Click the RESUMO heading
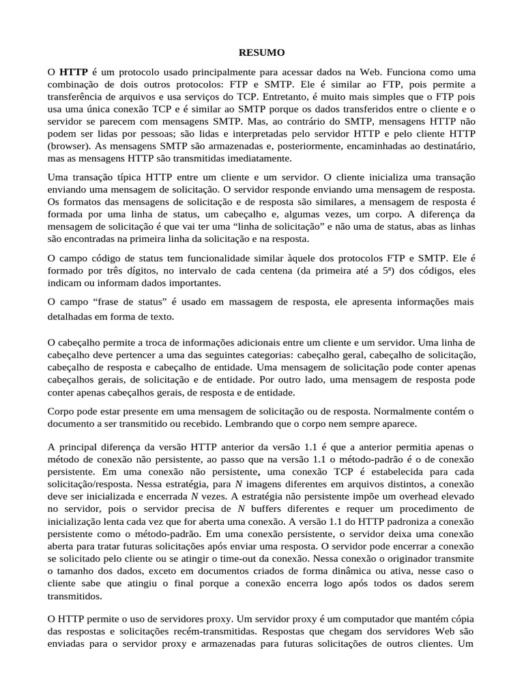[261, 52]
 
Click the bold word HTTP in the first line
[74, 72]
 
